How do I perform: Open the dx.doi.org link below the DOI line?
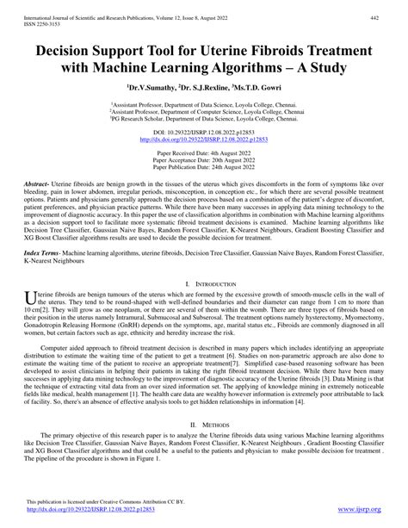tap(203, 139)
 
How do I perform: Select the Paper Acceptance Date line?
tap(203, 160)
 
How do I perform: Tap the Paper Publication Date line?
tap(203, 167)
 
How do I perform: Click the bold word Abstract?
tap(38, 183)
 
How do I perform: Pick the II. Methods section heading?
tap(204, 449)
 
